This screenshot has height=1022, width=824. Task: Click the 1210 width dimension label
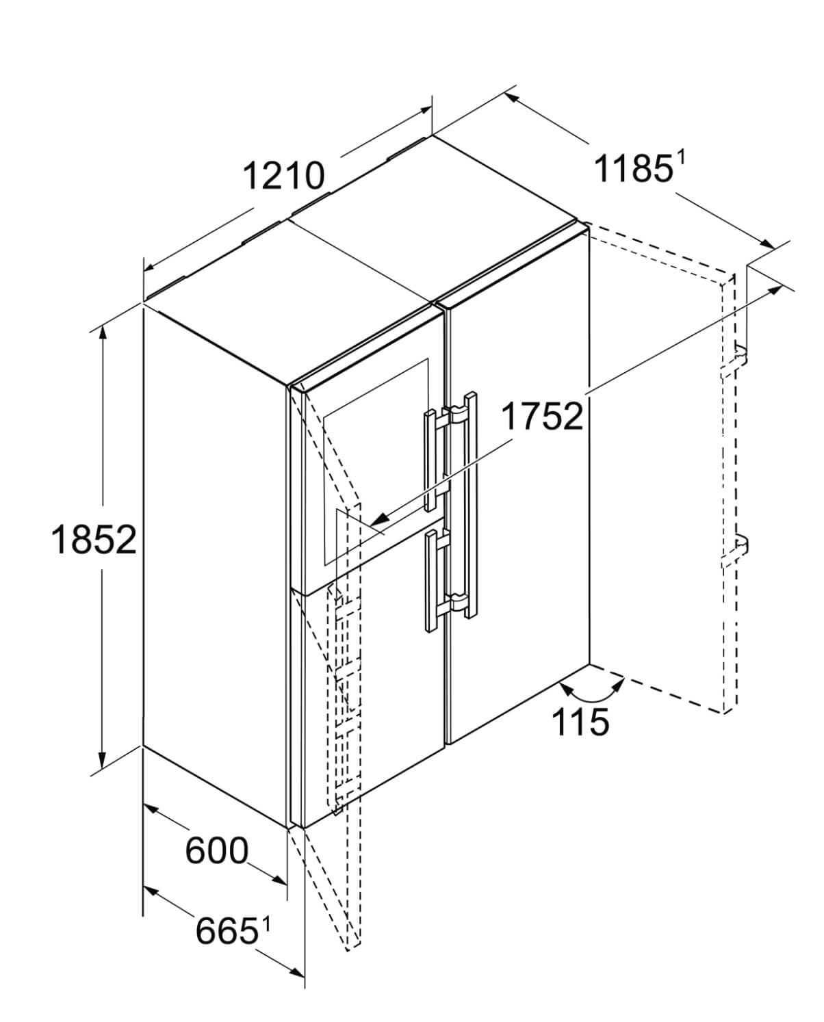pyautogui.click(x=284, y=176)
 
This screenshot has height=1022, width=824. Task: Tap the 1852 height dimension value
pyautogui.click(x=94, y=539)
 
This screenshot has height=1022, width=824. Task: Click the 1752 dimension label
pyautogui.click(x=542, y=416)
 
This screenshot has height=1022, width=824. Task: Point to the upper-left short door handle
pyautogui.click(x=430, y=460)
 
